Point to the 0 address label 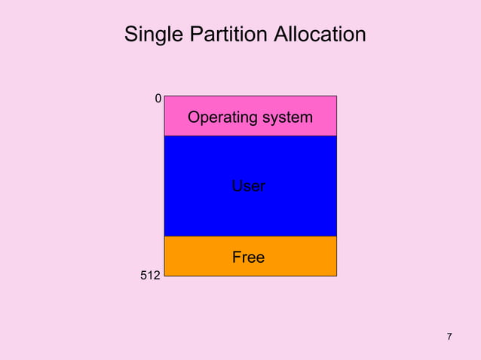(158, 99)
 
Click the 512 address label (150, 276)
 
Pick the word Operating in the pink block (219, 117)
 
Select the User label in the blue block (248, 185)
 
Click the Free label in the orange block (248, 258)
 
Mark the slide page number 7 (449, 336)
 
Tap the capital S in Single (130, 35)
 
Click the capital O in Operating (194, 117)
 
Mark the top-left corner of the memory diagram (164, 96)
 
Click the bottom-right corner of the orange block (336, 276)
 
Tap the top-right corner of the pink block (336, 96)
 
